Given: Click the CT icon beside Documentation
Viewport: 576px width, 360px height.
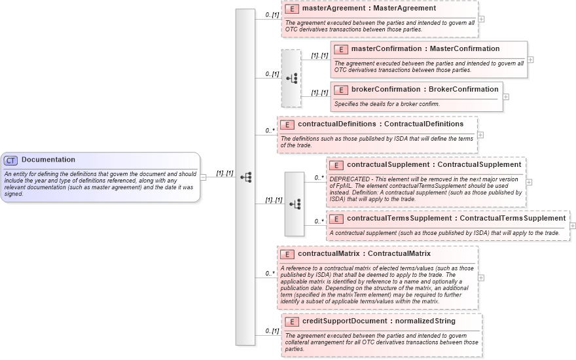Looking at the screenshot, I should (x=11, y=160).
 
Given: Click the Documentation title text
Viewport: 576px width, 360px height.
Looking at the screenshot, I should (x=48, y=160).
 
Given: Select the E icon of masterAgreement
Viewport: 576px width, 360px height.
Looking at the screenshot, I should (x=291, y=9).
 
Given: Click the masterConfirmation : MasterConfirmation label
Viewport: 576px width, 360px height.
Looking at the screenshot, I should (x=425, y=49).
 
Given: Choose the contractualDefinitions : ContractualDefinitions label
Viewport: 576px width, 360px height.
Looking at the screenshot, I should (x=380, y=124).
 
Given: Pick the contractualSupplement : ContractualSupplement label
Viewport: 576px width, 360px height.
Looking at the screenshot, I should (x=434, y=164).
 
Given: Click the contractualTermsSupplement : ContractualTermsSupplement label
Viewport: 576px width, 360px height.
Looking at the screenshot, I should (x=456, y=218).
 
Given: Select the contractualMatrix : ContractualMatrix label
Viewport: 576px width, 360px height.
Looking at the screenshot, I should (x=364, y=253).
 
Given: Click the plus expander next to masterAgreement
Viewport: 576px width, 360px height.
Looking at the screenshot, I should (x=482, y=18).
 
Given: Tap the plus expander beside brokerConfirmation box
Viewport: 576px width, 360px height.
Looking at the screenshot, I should (x=506, y=96).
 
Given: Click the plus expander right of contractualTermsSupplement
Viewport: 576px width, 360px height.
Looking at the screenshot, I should (x=573, y=225).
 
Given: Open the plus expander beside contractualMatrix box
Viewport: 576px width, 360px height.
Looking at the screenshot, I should (x=482, y=278).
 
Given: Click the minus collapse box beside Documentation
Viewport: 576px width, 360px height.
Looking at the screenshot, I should (x=204, y=177).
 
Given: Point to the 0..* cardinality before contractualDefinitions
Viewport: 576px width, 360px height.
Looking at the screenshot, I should (x=270, y=130).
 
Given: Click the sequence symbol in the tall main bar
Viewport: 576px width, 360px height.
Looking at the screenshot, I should (x=246, y=177).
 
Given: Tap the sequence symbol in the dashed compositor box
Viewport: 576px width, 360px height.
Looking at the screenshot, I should (x=291, y=78).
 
